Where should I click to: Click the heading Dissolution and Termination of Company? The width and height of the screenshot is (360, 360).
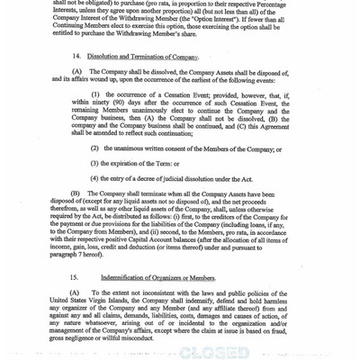(x=144, y=58)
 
